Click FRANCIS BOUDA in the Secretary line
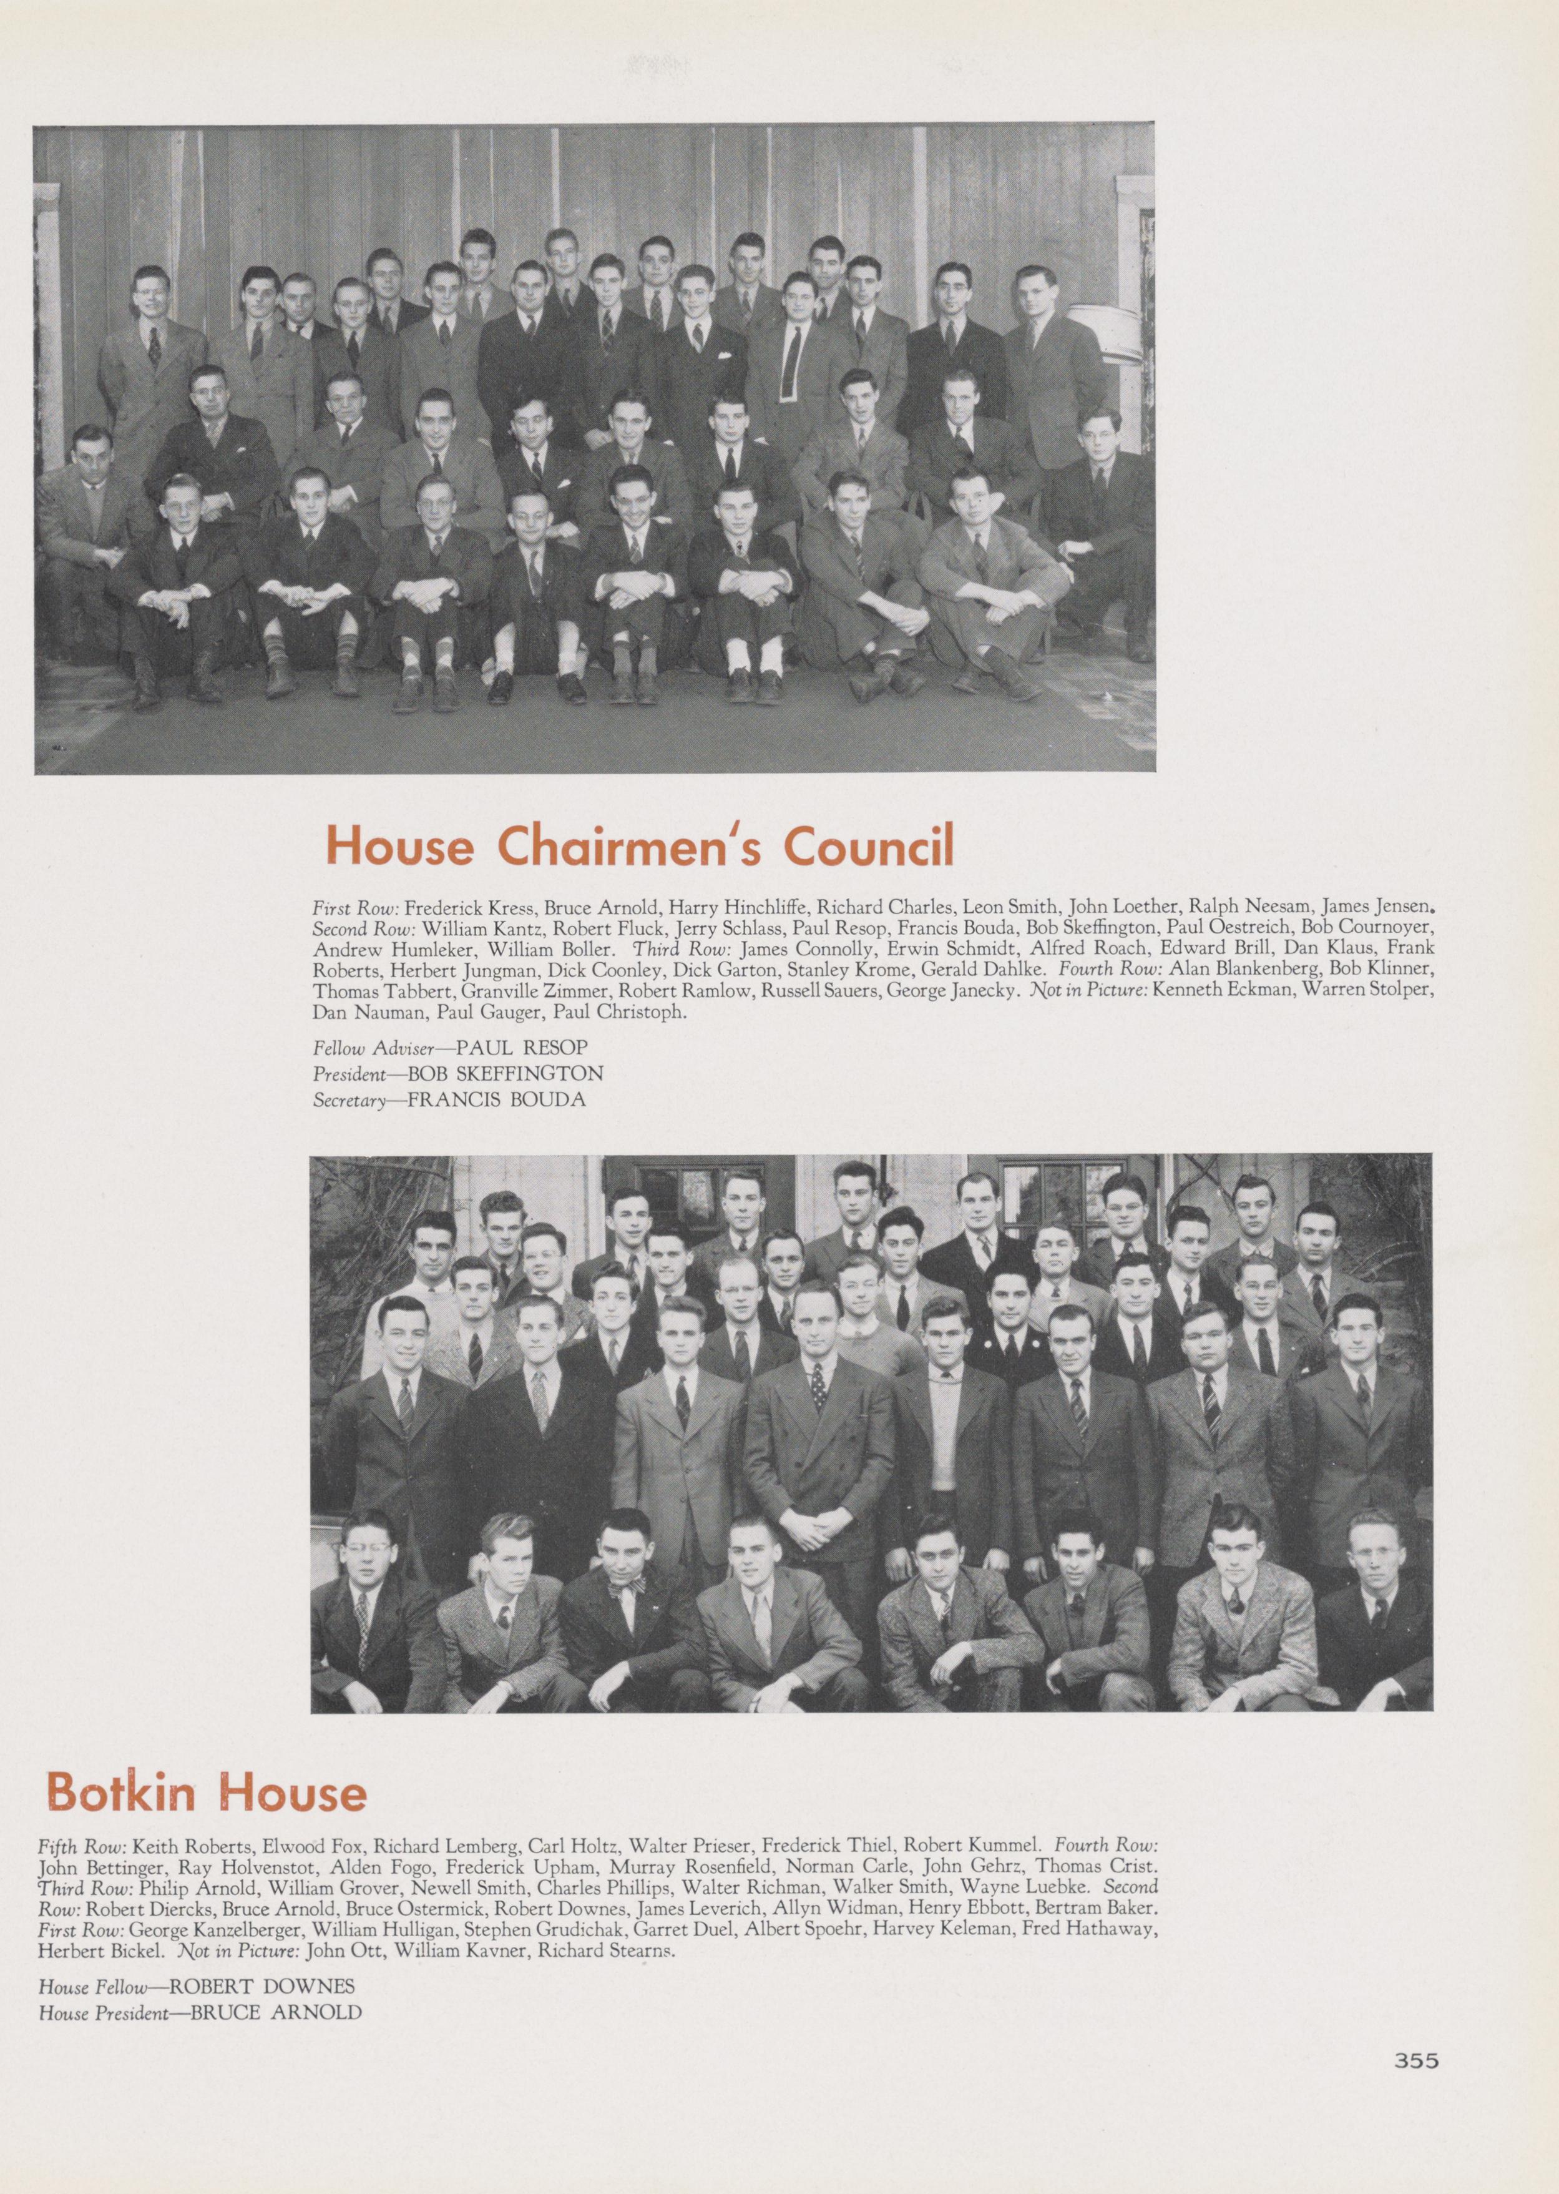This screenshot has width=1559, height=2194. pos(496,1099)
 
